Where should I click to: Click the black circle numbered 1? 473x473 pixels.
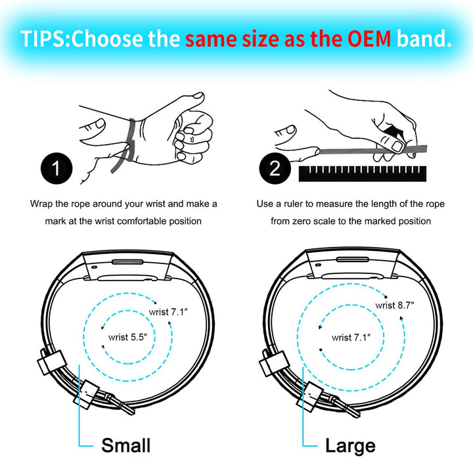pos(56,168)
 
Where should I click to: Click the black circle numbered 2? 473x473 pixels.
pos(275,168)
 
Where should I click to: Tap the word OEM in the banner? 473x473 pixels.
pos(369,39)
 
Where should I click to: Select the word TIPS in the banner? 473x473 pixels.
pos(43,39)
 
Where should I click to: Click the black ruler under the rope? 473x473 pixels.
pos(362,173)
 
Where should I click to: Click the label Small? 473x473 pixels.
pos(125,445)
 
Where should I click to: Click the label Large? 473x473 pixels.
pos(350,446)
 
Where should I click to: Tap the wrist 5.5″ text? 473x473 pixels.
pos(127,337)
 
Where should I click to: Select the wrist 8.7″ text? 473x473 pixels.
pos(395,305)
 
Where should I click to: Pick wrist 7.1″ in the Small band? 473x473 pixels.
pos(168,312)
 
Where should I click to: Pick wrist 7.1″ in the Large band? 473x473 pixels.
pos(351,337)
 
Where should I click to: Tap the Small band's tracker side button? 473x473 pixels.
pos(127,262)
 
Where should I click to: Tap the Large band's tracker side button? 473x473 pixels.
pos(352,259)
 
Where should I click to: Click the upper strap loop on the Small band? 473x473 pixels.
pos(52,362)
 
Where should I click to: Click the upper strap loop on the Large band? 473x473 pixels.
pos(273,363)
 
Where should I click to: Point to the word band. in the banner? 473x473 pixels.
pos(424,39)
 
